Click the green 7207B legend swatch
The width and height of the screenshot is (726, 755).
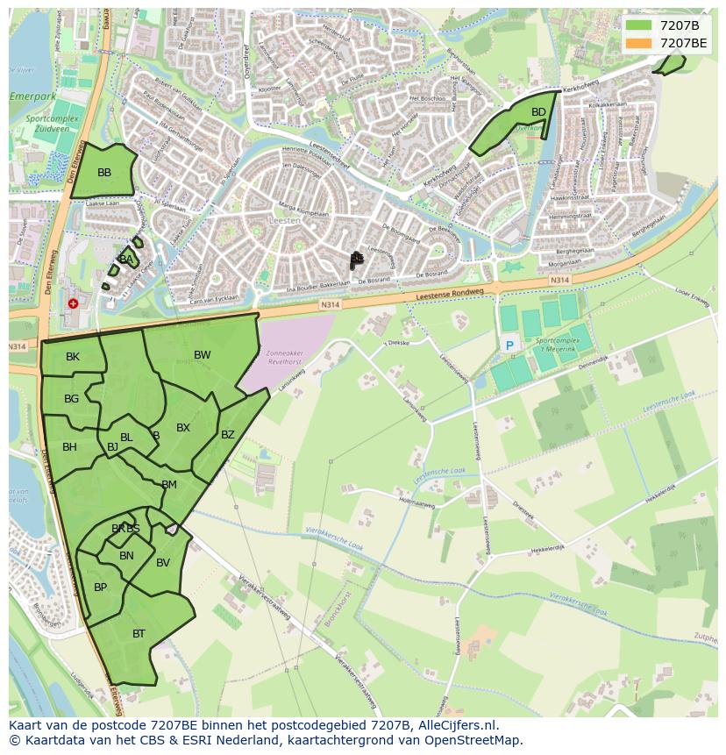click(639, 25)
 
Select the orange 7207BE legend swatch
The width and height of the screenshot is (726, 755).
click(639, 42)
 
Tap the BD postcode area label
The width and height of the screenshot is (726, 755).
click(538, 112)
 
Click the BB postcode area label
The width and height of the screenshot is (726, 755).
click(104, 173)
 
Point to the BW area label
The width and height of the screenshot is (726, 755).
click(203, 355)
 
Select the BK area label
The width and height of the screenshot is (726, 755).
click(73, 357)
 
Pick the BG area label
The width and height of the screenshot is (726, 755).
click(72, 399)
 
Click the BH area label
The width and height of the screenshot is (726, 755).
click(69, 447)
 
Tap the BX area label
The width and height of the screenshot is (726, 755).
click(183, 428)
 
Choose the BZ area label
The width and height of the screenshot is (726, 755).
click(228, 435)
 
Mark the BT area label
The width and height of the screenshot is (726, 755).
click(139, 633)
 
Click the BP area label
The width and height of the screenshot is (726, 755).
click(100, 588)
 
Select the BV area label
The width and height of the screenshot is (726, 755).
click(163, 563)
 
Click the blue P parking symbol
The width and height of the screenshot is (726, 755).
click(509, 346)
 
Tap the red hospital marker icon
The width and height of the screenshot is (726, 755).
click(73, 303)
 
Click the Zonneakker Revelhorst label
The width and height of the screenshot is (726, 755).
click(283, 354)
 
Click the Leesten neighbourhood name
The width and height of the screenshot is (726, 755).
click(286, 221)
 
